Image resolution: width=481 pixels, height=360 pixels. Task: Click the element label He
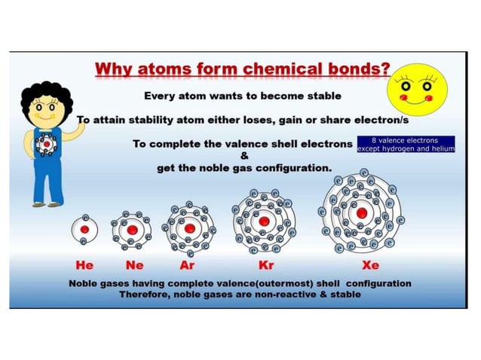[x=84, y=266]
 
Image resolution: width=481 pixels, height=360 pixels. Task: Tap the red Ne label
[x=134, y=266]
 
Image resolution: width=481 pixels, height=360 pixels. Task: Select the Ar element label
[x=188, y=266]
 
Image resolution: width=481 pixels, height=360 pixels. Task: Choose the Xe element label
[x=370, y=266]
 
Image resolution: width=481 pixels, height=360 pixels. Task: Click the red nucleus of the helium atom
[x=84, y=229]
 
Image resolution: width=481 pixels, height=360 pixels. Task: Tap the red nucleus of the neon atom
[x=132, y=229]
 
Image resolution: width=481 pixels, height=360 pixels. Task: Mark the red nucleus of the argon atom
[x=190, y=228]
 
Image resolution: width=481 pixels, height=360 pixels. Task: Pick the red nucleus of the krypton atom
[x=264, y=221]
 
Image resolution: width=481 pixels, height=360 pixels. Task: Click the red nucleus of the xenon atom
[x=362, y=213]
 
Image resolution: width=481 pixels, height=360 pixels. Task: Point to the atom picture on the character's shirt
[x=47, y=142]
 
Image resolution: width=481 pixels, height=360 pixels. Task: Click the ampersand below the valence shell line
[x=244, y=156]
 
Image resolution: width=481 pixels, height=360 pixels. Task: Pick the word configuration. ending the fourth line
[x=293, y=168]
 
